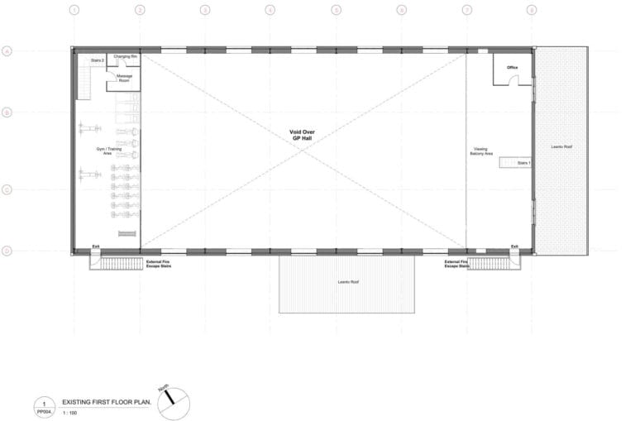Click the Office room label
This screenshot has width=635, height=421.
click(512, 67)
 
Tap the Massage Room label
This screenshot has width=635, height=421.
click(123, 78)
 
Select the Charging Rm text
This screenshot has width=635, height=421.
click(126, 56)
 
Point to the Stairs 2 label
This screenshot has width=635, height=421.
click(97, 60)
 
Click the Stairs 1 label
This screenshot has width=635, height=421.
click(523, 163)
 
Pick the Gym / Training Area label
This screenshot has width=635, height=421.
click(103, 151)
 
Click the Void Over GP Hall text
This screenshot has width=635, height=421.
click(302, 135)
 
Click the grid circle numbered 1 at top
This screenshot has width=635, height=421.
click(74, 11)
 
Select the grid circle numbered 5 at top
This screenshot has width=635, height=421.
click(336, 11)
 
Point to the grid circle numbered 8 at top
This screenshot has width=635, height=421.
click(532, 11)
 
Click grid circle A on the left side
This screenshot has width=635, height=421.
click(7, 50)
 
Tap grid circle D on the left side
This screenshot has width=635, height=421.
click(7, 251)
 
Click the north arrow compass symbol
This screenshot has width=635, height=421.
click(174, 402)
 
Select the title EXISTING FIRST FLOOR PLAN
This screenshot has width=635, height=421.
click(106, 401)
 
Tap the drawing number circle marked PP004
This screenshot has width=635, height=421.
click(44, 406)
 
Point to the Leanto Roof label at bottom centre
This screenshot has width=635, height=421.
click(347, 282)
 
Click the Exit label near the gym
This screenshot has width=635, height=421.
click(96, 246)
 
